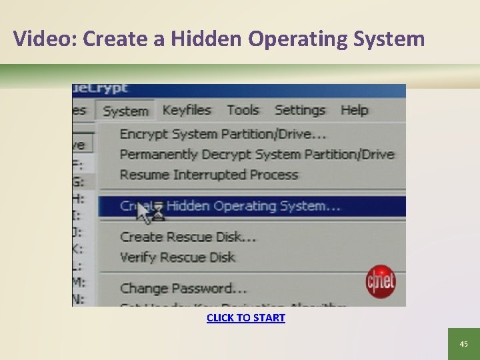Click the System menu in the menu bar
(x=125, y=111)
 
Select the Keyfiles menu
(x=187, y=110)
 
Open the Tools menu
(x=243, y=110)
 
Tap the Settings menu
(x=300, y=110)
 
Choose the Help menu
(x=354, y=110)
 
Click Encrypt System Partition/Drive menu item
(x=223, y=134)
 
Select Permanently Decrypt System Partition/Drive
(x=257, y=155)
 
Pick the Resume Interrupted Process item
(x=209, y=175)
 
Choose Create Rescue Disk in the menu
(x=188, y=237)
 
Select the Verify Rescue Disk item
(x=177, y=257)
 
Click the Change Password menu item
(x=183, y=289)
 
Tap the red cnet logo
(x=381, y=281)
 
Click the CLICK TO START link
(x=246, y=318)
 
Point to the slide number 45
(x=464, y=344)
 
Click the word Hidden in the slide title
(x=207, y=39)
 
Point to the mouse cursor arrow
(x=143, y=212)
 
